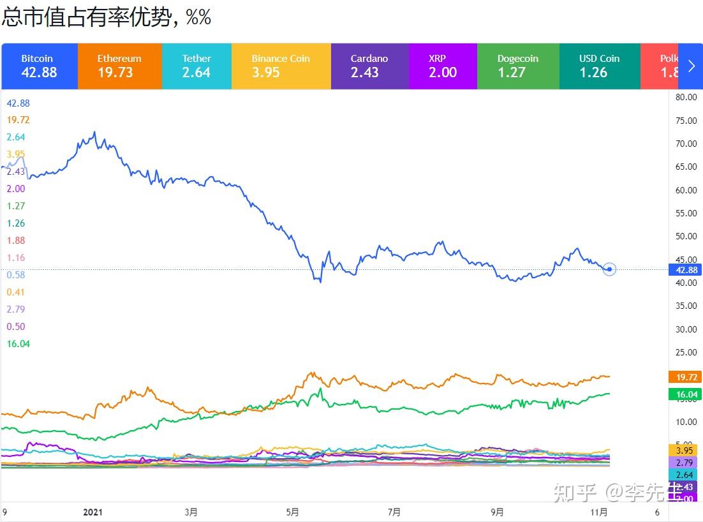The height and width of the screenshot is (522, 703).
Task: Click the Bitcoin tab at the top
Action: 39,66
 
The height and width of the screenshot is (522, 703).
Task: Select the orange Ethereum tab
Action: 119,66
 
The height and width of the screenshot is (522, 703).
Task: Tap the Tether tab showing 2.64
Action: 196,66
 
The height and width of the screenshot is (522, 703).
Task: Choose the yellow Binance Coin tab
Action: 281,66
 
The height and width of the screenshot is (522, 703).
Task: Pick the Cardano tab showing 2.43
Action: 369,66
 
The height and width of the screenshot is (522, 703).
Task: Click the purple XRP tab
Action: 442,66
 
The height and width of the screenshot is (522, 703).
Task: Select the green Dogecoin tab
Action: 517,66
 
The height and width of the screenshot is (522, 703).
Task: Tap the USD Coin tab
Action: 598,66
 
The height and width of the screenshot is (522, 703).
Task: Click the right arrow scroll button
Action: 692,66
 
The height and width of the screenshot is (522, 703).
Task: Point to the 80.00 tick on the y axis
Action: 685,97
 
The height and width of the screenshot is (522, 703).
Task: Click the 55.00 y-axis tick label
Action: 685,213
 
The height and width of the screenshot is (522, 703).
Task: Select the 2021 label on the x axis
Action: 93,512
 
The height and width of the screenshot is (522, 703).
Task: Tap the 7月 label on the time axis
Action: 394,512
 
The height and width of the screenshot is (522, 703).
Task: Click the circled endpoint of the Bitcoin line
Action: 609,269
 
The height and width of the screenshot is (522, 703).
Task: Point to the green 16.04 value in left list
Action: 18,344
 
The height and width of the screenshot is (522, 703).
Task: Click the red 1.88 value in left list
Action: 16,241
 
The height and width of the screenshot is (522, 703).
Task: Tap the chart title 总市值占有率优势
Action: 86,17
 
